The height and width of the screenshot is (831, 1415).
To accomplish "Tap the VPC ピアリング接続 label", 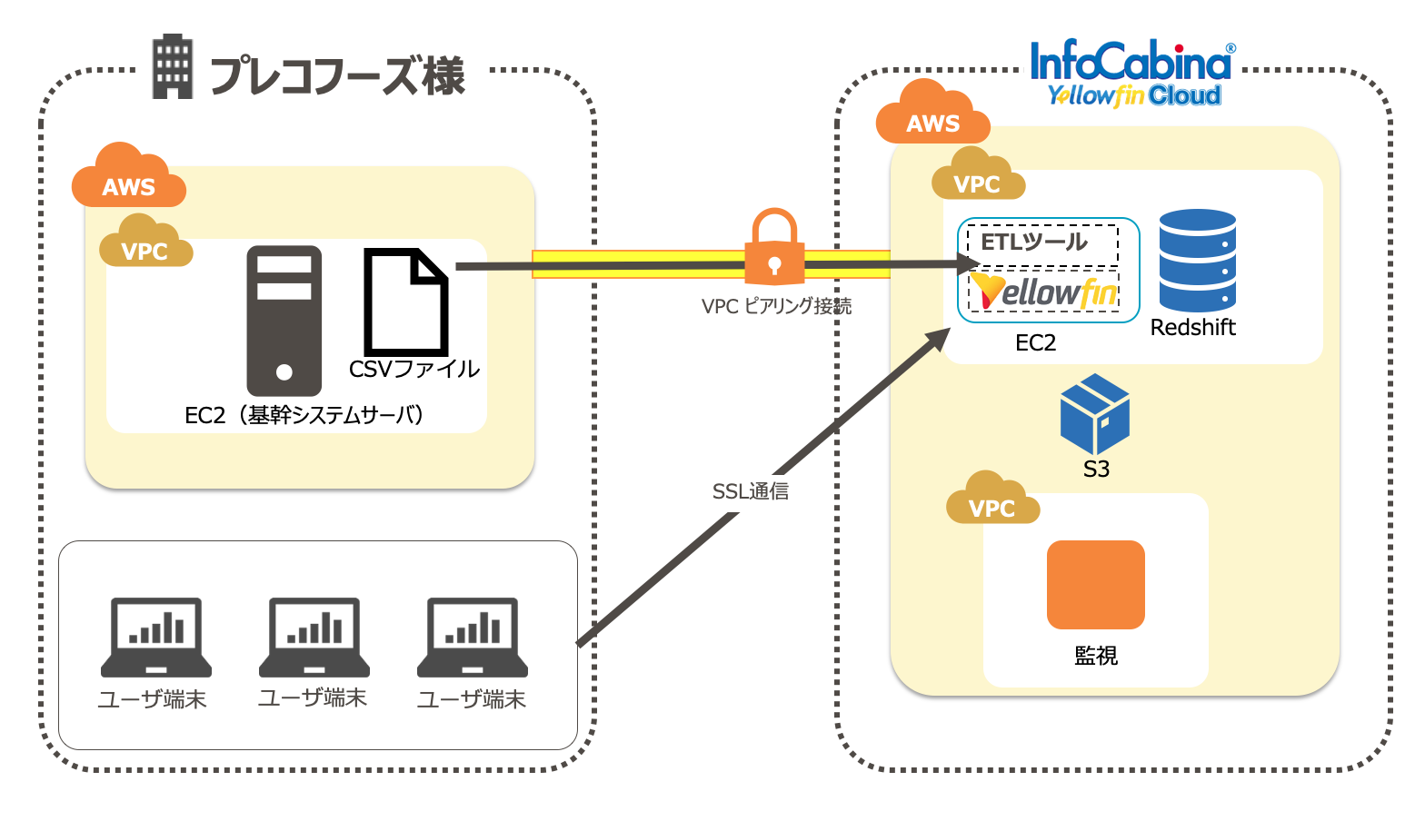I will (x=776, y=307).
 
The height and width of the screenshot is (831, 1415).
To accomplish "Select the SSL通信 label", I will (x=751, y=491).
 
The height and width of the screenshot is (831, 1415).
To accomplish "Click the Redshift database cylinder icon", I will (x=1197, y=261).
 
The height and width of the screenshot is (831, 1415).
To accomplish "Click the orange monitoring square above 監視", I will (x=1095, y=585).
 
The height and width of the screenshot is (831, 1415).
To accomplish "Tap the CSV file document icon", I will (x=405, y=302).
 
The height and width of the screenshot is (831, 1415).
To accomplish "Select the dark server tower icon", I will (x=284, y=320).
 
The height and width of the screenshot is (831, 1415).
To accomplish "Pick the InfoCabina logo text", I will (x=1131, y=63).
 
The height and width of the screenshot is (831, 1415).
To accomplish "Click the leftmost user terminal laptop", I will (x=156, y=638).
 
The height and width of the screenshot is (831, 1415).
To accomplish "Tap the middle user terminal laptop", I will (x=314, y=638).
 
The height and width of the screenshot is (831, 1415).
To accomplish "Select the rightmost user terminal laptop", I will (x=473, y=638).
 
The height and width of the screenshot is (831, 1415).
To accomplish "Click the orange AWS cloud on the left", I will (x=128, y=177).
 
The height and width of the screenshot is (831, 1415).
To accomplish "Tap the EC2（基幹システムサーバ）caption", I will (x=304, y=416).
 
